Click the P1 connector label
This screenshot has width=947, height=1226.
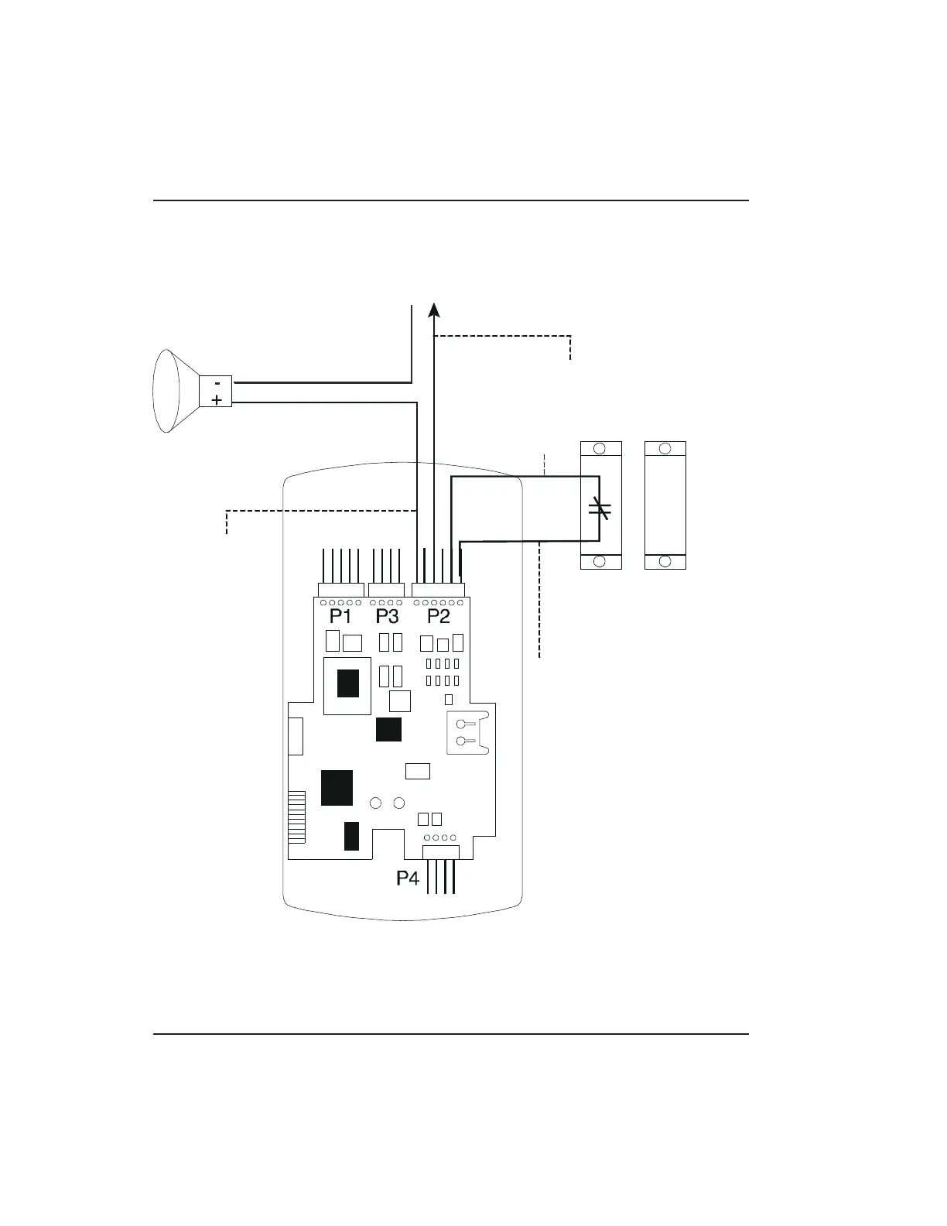[340, 617]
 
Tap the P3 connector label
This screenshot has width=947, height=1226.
[388, 617]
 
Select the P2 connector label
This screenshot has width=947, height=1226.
[439, 617]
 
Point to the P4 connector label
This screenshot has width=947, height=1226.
[408, 878]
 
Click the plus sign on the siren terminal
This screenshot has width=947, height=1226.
[217, 400]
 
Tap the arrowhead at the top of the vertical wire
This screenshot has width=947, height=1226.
[434, 310]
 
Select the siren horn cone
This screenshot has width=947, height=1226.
[176, 391]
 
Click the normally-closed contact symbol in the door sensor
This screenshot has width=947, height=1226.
[600, 509]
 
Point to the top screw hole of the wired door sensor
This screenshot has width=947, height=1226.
[600, 449]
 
